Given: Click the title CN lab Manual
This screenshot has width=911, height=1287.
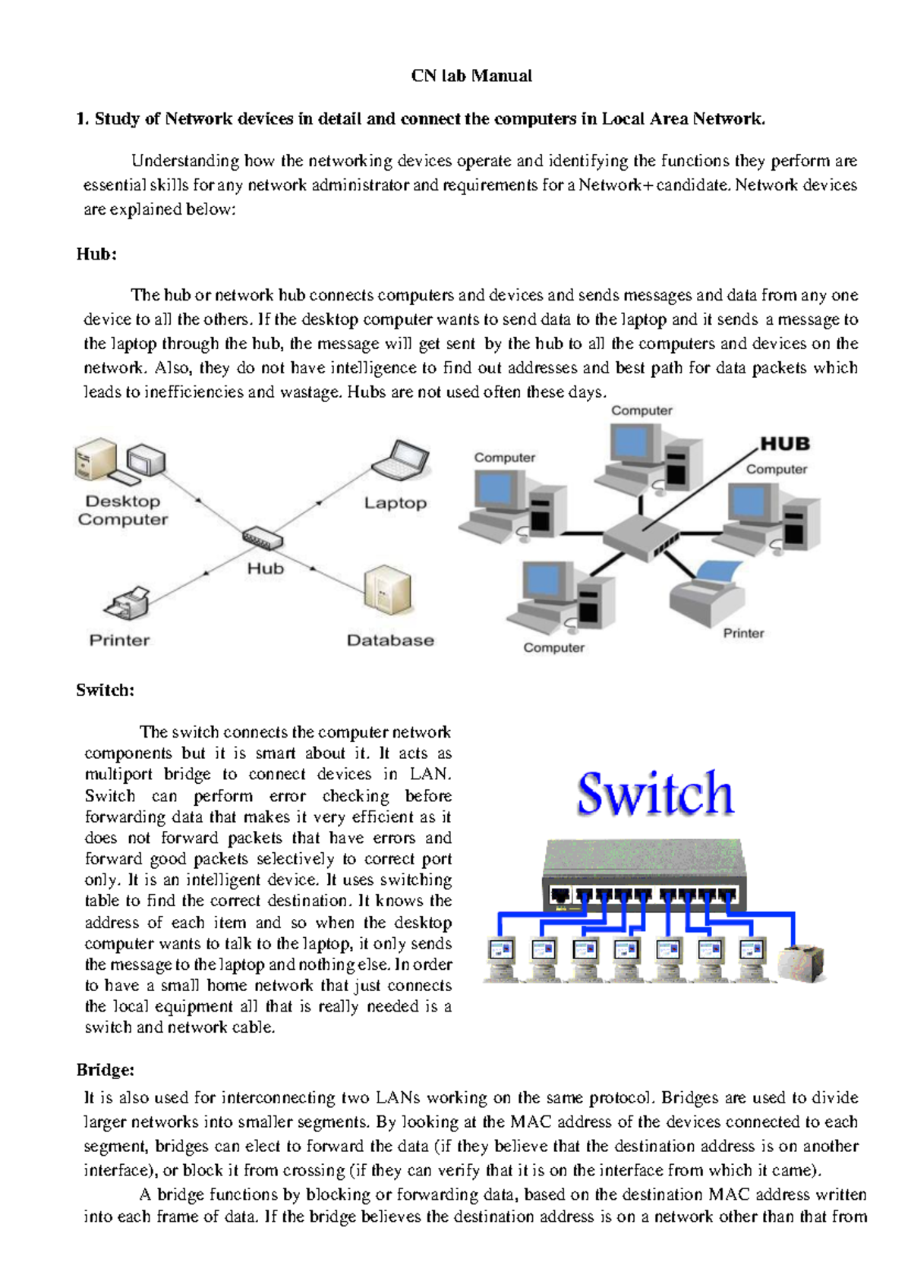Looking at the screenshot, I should pos(471,76).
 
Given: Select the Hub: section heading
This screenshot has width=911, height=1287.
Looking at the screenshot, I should pos(96,254).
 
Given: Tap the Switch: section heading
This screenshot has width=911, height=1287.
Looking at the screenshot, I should pos(105,690).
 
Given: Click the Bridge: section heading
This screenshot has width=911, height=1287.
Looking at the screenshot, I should pos(105,1070).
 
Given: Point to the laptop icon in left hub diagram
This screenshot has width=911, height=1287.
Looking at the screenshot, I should pos(401,460).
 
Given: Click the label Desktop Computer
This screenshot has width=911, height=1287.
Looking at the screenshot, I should pos(123,511).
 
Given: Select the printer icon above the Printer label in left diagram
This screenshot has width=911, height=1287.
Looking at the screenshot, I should pos(127,603).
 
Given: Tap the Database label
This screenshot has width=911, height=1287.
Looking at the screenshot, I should pos(390,640).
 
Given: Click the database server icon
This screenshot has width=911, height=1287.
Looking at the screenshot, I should pos(387,590).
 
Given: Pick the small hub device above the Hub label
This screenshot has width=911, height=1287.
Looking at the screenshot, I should pos(263,540).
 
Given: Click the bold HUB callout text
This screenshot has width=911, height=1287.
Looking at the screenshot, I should pos(785,444).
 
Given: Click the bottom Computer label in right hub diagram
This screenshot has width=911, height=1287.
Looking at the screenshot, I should pos(553,648).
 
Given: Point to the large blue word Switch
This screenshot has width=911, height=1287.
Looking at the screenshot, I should pos(655,793).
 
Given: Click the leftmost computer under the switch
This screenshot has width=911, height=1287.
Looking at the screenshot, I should pos(501,958).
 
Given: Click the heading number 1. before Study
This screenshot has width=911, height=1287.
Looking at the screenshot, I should pos(83,119).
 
